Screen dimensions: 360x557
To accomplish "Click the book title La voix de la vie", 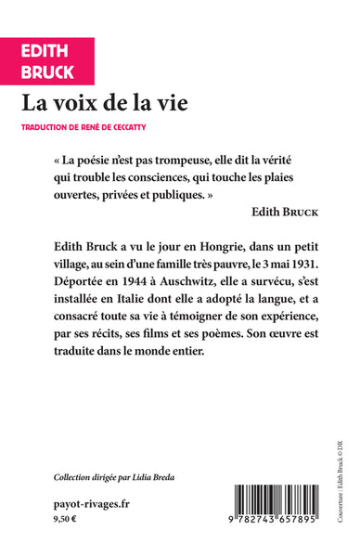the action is [122, 103].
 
